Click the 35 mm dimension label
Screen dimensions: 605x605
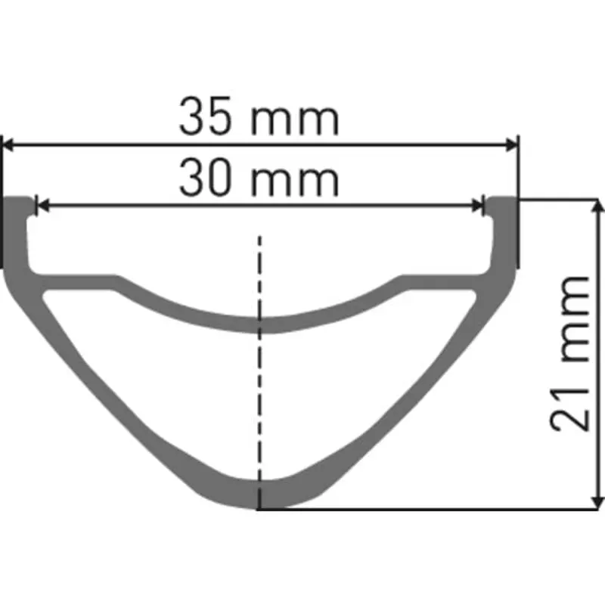tap(259, 119)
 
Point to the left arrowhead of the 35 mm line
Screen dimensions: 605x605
tap(11, 143)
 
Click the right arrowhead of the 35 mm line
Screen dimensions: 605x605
tap(512, 143)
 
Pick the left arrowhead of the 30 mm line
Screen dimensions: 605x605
tap(42, 204)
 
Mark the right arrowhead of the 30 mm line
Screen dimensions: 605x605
tap(476, 204)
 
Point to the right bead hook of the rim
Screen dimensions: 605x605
tap(500, 208)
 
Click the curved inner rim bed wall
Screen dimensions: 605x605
tap(259, 324)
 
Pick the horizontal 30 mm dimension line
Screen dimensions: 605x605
tap(151, 204)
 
